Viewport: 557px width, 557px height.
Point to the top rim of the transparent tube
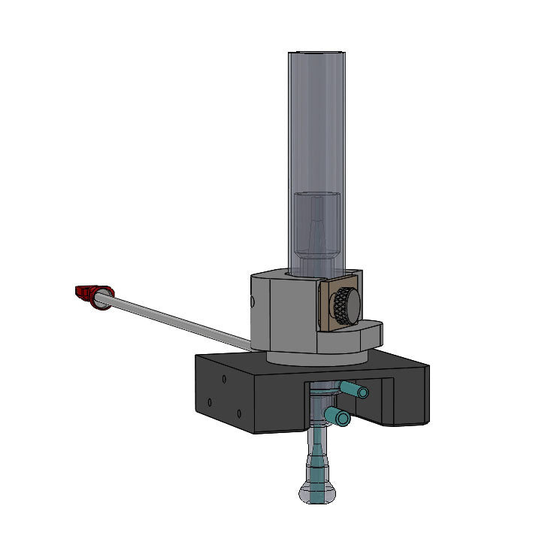(x=318, y=52)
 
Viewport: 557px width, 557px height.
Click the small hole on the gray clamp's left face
(x=253, y=302)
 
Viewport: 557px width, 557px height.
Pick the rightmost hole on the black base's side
(x=238, y=413)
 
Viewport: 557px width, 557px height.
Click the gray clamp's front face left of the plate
(x=289, y=312)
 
